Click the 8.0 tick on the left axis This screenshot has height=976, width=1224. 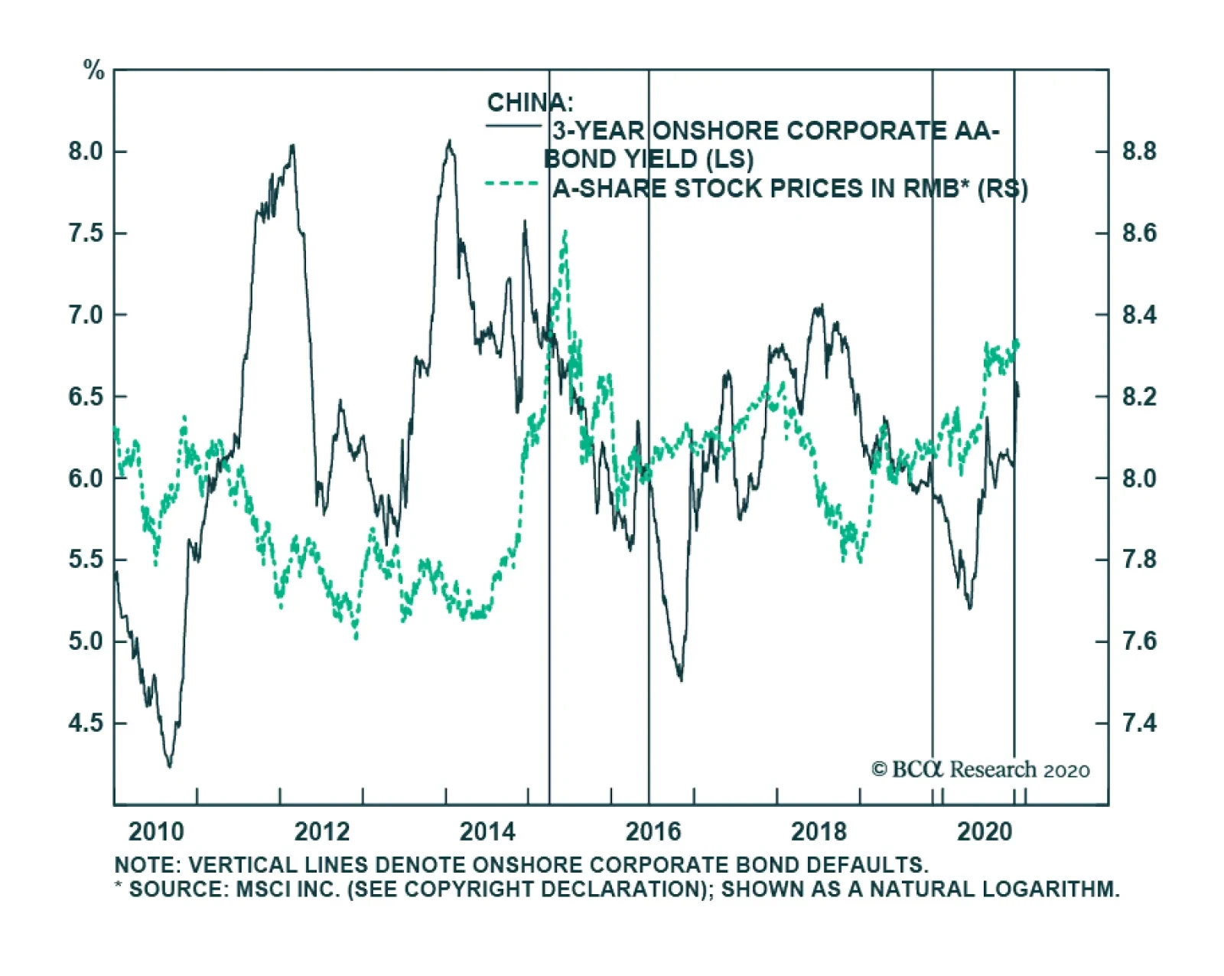tap(86, 152)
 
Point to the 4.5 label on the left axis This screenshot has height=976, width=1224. tap(86, 723)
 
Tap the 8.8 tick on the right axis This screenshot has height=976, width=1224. tap(1139, 152)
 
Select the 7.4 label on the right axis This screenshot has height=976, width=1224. tap(1139, 723)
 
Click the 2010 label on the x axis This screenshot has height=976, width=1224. tap(156, 831)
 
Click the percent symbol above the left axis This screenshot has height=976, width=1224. tap(93, 71)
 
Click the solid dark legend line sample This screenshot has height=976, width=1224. tap(513, 125)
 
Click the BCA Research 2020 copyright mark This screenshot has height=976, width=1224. tap(980, 769)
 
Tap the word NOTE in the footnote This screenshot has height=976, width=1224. tap(146, 866)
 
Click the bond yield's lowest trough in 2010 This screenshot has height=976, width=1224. tap(169, 765)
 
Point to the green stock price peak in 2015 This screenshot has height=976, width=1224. tap(565, 231)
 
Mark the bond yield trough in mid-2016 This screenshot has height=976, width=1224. tap(681, 679)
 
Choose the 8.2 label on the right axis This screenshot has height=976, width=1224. tap(1139, 397)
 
